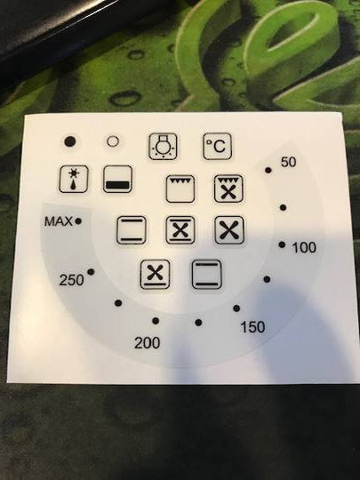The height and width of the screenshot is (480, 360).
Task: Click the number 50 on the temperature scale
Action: point(288,162)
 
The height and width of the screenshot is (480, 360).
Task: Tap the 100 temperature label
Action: point(304,246)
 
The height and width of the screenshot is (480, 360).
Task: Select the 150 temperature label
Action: point(252,327)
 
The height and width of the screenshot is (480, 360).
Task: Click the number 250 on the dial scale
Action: point(71,281)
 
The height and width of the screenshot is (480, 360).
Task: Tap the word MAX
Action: point(58,220)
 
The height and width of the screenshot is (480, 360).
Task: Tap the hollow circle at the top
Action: point(113,140)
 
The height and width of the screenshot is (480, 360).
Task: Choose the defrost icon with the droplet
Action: point(73,180)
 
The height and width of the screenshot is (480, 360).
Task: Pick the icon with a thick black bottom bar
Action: point(117,180)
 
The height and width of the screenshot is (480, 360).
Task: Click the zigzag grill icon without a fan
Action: point(180,189)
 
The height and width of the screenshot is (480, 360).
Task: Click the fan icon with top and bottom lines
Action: point(180,230)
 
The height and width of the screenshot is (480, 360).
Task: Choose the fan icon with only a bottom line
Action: point(156,273)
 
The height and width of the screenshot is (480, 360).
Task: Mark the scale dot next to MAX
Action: point(79,219)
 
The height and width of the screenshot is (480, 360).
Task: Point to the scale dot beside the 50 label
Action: point(268,169)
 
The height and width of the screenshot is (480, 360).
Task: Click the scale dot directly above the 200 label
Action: point(156,321)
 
